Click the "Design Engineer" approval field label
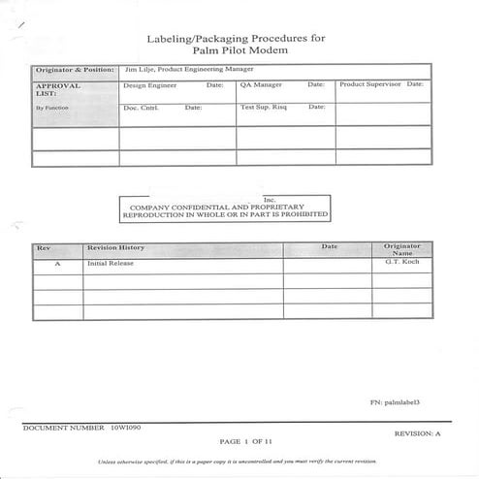[x=149, y=85]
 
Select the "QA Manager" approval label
[x=262, y=85]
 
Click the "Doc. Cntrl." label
[x=141, y=107]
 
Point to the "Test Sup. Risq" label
[x=264, y=107]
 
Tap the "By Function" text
[x=51, y=108]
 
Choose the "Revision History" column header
[x=115, y=248]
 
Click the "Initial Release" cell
[x=108, y=263]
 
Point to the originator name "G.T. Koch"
[x=400, y=263]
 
